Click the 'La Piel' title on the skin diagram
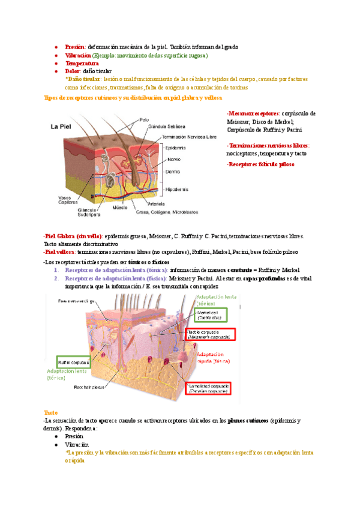click(x=62, y=127)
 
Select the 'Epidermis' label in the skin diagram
click(x=177, y=147)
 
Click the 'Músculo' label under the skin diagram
click(x=121, y=208)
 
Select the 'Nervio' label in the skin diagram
click(x=174, y=159)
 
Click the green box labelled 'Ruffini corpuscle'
click(x=74, y=363)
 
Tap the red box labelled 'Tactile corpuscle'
click(x=211, y=335)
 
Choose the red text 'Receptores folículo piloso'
click(x=260, y=163)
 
